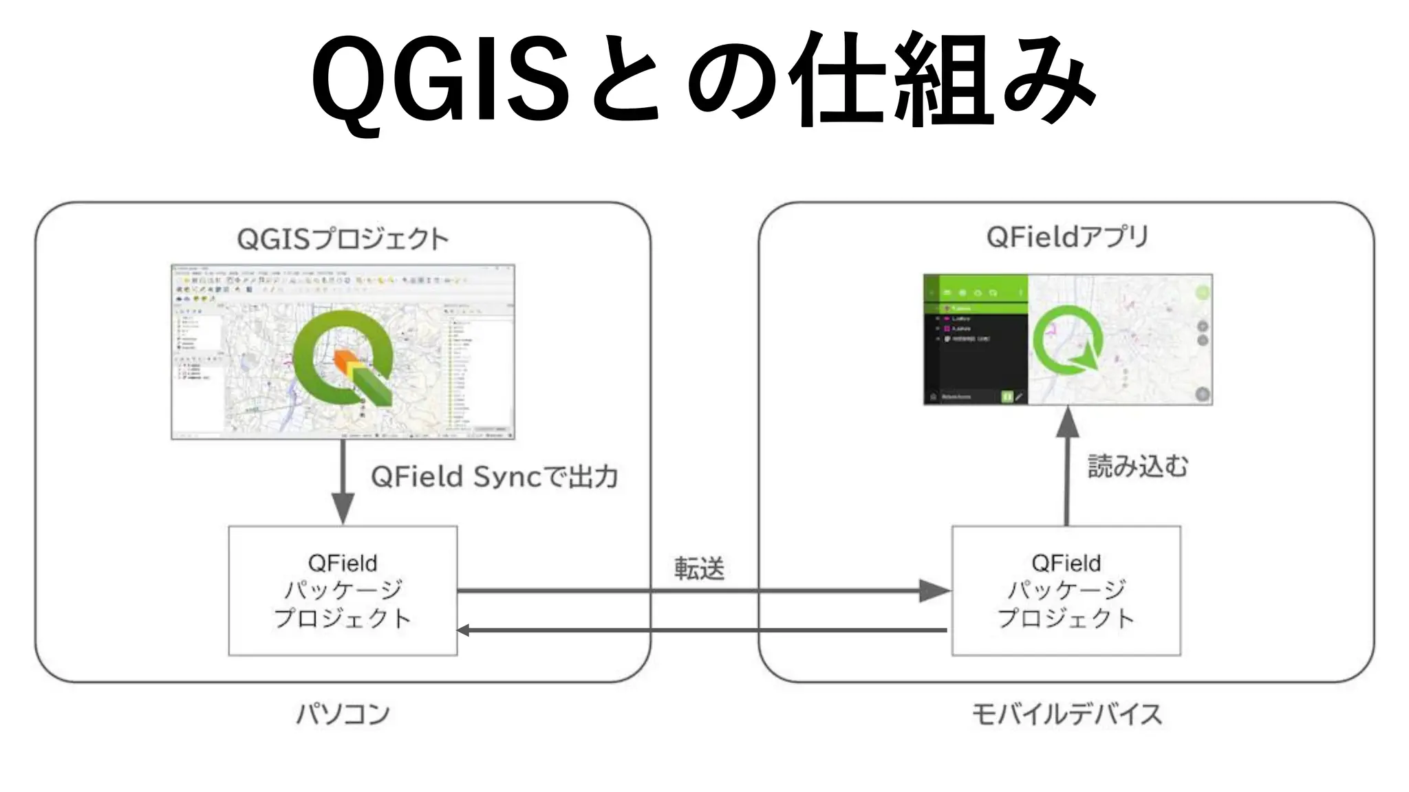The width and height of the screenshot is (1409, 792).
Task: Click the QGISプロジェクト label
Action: tap(343, 239)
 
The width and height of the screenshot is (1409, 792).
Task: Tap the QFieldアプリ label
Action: tap(1067, 237)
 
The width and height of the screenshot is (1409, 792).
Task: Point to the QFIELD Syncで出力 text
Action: tap(494, 476)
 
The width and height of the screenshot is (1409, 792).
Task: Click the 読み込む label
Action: tap(1137, 466)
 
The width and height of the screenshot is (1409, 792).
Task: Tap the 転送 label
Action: tap(699, 569)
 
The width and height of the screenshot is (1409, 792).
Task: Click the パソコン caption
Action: tap(343, 714)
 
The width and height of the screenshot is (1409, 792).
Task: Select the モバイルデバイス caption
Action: tap(1067, 714)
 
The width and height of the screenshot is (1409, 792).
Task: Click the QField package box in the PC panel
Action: tap(343, 591)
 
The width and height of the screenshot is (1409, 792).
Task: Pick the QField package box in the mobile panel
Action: tap(1066, 591)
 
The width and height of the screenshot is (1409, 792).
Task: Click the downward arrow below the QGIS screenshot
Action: tap(343, 481)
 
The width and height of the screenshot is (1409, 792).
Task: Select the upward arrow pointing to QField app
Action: tap(1067, 467)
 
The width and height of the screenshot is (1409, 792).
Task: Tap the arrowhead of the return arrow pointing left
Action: tap(464, 630)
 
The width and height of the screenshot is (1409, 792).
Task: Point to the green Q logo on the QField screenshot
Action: tap(1068, 340)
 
